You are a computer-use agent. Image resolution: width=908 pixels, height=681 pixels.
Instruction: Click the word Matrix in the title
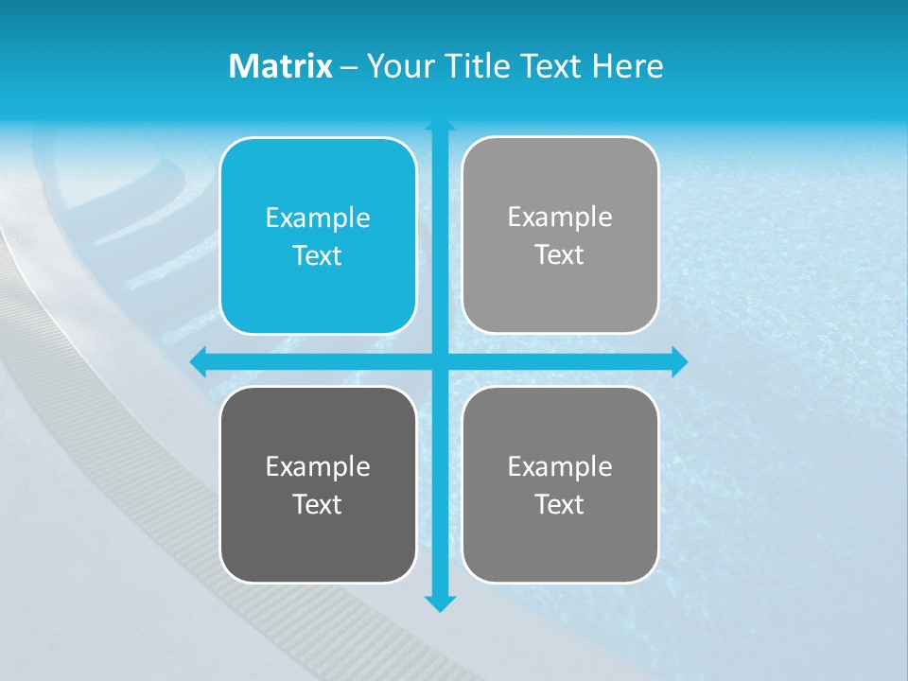pyautogui.click(x=281, y=66)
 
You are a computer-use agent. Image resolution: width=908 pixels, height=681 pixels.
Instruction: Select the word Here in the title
pyautogui.click(x=628, y=66)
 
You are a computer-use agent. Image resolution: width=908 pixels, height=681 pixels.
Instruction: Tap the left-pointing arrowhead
pyautogui.click(x=198, y=361)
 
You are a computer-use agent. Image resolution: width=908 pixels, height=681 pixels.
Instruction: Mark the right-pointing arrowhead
pyautogui.click(x=679, y=361)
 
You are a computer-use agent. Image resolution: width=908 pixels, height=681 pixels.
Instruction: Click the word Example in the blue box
pyautogui.click(x=318, y=218)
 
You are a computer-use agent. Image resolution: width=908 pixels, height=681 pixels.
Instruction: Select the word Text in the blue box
pyautogui.click(x=318, y=256)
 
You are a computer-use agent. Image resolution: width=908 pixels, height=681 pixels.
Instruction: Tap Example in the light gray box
pyautogui.click(x=560, y=218)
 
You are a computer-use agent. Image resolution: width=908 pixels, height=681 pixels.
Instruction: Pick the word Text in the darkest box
pyautogui.click(x=318, y=504)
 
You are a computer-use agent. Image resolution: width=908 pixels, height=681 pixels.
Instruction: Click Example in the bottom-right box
pyautogui.click(x=560, y=466)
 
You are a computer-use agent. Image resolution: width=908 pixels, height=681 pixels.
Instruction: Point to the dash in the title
pyautogui.click(x=349, y=67)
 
